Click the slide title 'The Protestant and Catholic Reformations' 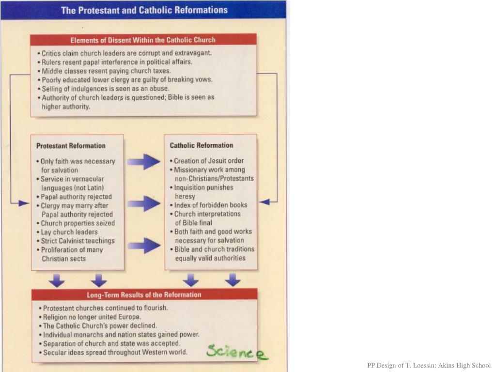pyautogui.click(x=144, y=10)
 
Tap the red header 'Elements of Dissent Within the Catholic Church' pyautogui.click(x=143, y=40)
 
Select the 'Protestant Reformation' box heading pyautogui.click(x=71, y=145)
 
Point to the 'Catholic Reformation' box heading pyautogui.click(x=201, y=145)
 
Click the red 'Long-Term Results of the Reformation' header pyautogui.click(x=144, y=294)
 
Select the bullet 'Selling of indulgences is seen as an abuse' pyautogui.click(x=105, y=89)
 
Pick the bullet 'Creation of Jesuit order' pyautogui.click(x=209, y=161)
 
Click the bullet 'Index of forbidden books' pyautogui.click(x=210, y=205)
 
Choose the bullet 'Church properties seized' pyautogui.click(x=77, y=223)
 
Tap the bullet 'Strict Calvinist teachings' pyautogui.click(x=77, y=241)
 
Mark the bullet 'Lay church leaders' pyautogui.click(x=69, y=232)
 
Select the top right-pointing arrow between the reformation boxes pyautogui.click(x=144, y=161)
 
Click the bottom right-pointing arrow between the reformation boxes pyautogui.click(x=144, y=246)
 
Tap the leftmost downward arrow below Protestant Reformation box pyautogui.click(x=57, y=280)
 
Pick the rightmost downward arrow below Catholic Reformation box pyautogui.click(x=232, y=279)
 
